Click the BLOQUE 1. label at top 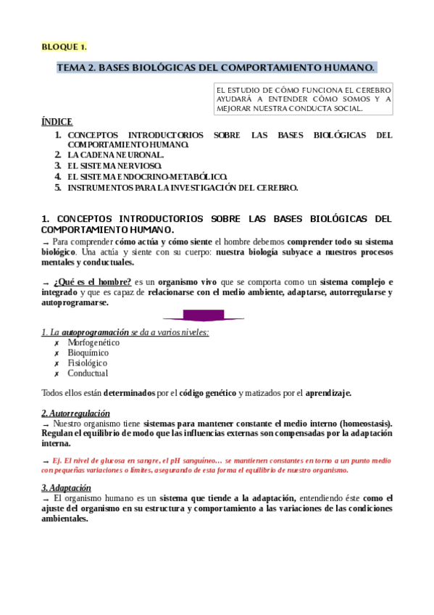click(64, 47)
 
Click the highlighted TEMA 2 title click(216, 68)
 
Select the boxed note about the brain click(304, 99)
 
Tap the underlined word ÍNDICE click(57, 122)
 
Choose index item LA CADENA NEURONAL click(115, 154)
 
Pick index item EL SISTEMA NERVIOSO click(114, 165)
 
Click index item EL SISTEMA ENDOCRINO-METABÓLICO click(147, 176)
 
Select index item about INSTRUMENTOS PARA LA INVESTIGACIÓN click(182, 187)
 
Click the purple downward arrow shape click(204, 316)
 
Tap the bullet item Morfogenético click(93, 342)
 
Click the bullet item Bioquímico click(88, 352)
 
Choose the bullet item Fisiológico click(87, 363)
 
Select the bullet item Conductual click(88, 373)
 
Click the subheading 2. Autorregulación click(75, 413)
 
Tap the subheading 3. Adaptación click(65, 488)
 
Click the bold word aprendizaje click(328, 393)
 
